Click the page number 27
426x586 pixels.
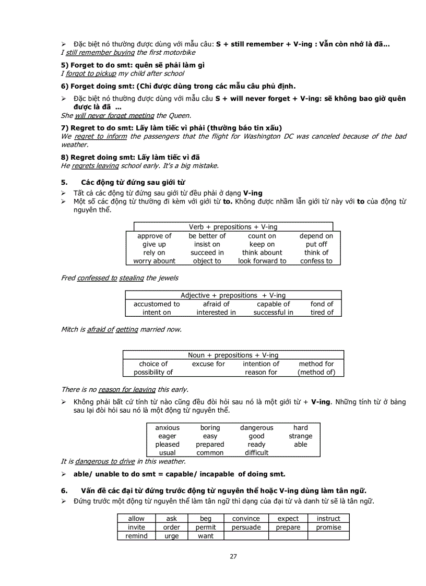[x=233, y=556]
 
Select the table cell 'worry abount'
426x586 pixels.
[x=154, y=261]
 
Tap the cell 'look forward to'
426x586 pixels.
[x=262, y=261]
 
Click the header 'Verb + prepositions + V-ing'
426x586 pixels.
[x=233, y=227]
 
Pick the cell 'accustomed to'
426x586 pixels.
[x=157, y=304]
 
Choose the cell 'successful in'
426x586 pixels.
[x=273, y=313]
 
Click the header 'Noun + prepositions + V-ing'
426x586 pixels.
[x=233, y=355]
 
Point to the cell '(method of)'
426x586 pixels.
[x=316, y=372]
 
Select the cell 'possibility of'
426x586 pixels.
[x=153, y=372]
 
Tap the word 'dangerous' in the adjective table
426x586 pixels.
[x=256, y=427]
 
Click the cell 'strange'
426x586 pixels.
[x=301, y=436]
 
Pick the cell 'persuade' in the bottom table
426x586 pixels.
[x=246, y=527]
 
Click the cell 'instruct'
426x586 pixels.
[x=328, y=519]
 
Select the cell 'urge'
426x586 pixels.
[x=171, y=536]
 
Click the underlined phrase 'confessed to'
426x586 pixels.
[x=97, y=278]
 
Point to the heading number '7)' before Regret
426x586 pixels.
[x=65, y=128]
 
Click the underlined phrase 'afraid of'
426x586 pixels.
[x=100, y=329]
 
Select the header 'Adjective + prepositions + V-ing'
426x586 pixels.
[x=233, y=295]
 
